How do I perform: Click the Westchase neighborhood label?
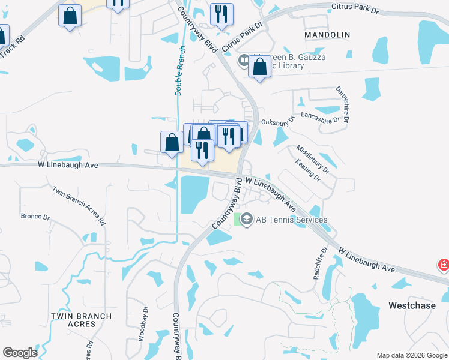(x=411, y=305)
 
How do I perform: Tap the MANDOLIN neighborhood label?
(x=327, y=35)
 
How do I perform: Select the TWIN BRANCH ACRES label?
(x=81, y=320)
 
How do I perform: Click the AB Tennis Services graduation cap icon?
(x=246, y=220)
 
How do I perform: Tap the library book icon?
(x=244, y=60)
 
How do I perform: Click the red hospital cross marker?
(x=444, y=265)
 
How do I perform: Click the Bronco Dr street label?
(x=35, y=217)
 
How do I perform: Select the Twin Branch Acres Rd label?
(x=79, y=206)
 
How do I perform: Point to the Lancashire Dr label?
(x=321, y=116)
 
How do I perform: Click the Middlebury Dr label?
(x=313, y=158)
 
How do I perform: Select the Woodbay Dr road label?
(x=145, y=323)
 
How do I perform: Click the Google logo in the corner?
(x=20, y=353)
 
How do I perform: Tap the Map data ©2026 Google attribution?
(x=412, y=355)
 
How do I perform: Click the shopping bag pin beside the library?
(x=259, y=68)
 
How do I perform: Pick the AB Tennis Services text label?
(x=292, y=220)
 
